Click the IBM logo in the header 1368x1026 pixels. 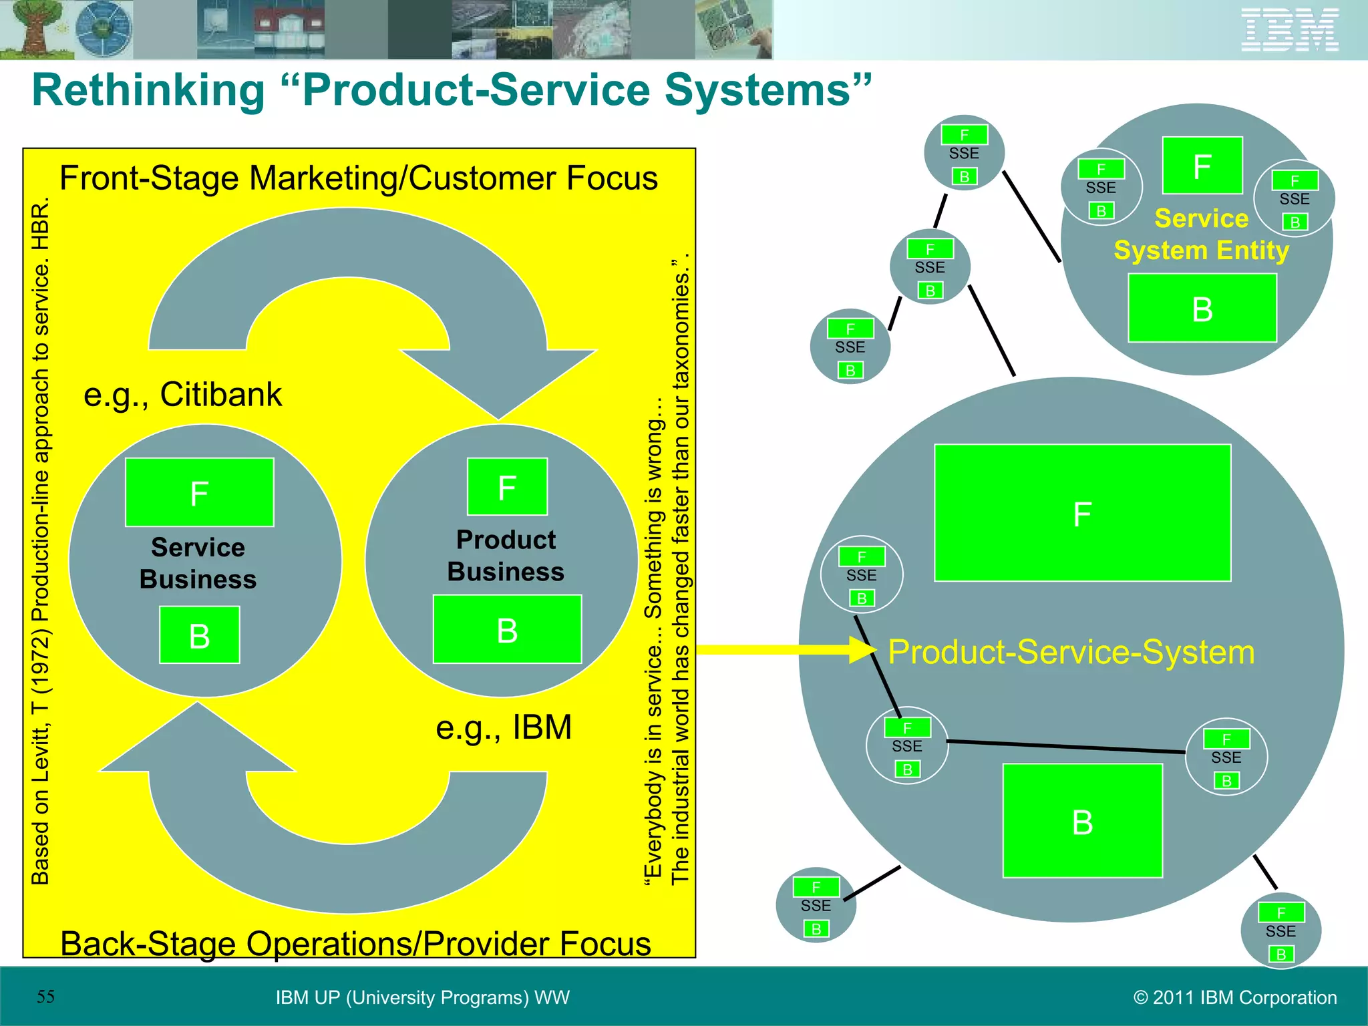click(1290, 30)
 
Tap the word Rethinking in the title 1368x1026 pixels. click(148, 90)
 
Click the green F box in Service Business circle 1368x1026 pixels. click(199, 492)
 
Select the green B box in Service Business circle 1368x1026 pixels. click(199, 635)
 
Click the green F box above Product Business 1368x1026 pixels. click(507, 487)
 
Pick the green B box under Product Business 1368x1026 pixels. click(507, 629)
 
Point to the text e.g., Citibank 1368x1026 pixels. click(182, 394)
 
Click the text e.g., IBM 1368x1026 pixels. click(504, 727)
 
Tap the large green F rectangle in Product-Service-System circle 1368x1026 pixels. click(1082, 513)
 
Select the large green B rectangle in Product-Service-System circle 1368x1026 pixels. click(1082, 821)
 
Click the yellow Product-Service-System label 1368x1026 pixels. click(1071, 652)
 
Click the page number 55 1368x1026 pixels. click(45, 997)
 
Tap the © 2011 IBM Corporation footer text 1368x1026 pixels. click(1235, 997)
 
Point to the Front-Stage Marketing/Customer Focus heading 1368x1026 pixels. click(359, 178)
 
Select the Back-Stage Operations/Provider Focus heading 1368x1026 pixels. click(355, 943)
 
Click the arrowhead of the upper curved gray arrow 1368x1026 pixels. click(498, 384)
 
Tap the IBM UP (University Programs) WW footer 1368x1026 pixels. click(422, 997)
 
